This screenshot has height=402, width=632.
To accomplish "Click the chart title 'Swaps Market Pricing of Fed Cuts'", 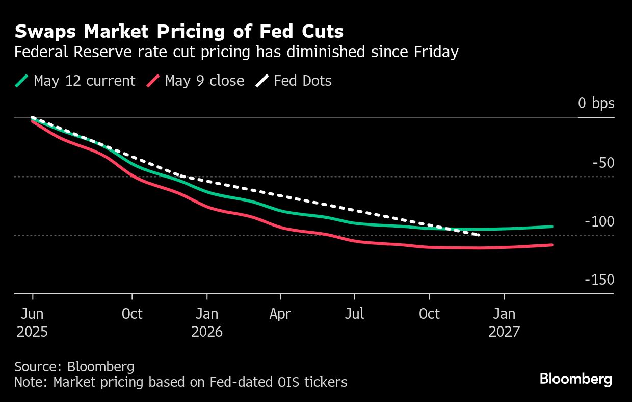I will (179, 32).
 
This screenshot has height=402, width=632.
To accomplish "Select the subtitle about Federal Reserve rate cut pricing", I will (236, 52).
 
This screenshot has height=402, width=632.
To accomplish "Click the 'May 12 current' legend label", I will (84, 81).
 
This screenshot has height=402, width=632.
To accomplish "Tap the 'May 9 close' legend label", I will (204, 81).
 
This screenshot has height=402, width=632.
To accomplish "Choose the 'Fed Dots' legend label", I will (303, 81).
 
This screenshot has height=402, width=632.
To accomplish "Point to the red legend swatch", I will (153, 81).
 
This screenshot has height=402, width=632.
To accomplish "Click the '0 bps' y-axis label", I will (596, 103).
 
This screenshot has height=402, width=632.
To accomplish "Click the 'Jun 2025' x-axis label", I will (32, 322).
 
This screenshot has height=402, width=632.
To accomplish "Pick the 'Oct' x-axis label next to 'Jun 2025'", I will (132, 313).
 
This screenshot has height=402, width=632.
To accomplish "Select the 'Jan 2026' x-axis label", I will (207, 322).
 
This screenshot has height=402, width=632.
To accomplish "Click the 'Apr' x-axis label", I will (280, 313).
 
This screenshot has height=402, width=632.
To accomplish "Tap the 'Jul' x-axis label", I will (354, 313).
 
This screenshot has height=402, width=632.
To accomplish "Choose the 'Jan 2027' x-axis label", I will (504, 322).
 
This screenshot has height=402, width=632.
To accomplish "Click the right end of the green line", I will (552, 227).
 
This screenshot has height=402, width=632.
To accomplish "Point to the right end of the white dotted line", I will (479, 235).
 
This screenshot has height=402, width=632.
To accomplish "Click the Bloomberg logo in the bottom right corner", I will (575, 379).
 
